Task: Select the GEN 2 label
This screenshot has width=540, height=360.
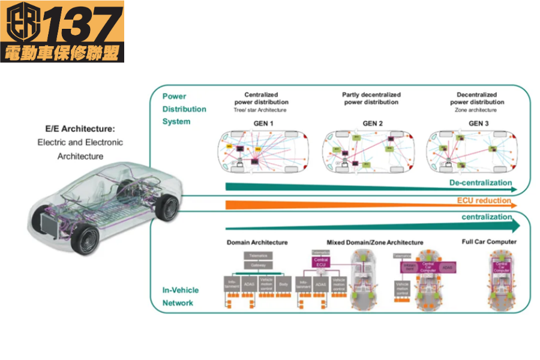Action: point(372,124)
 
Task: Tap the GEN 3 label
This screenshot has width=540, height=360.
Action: point(479,124)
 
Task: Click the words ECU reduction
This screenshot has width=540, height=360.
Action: point(484,200)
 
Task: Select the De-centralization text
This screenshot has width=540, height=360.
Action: point(481,182)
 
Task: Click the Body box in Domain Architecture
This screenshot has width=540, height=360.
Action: point(283,284)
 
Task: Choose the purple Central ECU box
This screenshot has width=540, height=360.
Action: point(320,262)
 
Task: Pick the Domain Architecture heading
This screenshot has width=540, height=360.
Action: point(257,242)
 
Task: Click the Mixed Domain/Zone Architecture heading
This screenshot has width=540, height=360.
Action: point(367,242)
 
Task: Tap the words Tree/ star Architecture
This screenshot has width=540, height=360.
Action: point(260,110)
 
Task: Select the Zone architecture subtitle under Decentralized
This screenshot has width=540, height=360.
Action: point(476,110)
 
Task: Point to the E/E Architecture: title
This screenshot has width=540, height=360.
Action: point(80,128)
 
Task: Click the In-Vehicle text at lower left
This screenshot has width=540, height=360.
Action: point(181,290)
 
